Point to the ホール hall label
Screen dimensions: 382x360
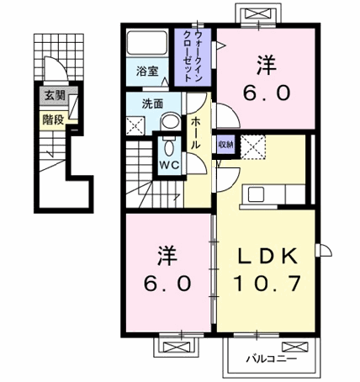click(x=195, y=134)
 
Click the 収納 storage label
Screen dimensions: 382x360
click(x=225, y=143)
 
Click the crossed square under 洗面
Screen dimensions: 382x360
click(x=135, y=127)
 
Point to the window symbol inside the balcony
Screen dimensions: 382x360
click(x=294, y=345)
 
